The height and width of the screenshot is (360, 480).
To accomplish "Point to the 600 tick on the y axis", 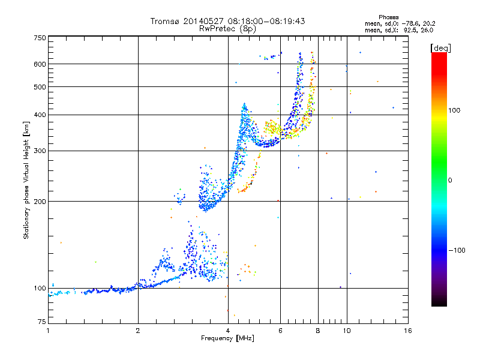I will pyautogui.click(x=40, y=64).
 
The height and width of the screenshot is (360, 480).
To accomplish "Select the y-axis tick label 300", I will pyautogui.click(x=40, y=151).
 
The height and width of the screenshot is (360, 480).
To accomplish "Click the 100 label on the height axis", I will pyautogui.click(x=40, y=288).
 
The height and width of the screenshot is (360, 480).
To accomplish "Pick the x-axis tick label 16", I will pyautogui.click(x=407, y=330).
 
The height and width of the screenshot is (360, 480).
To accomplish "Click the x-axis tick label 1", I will pyautogui.click(x=48, y=330).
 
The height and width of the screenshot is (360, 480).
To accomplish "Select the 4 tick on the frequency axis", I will pyautogui.click(x=228, y=330).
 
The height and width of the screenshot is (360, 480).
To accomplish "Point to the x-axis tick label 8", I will pyautogui.click(x=318, y=330).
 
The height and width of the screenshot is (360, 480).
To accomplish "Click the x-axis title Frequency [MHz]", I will pyautogui.click(x=228, y=339).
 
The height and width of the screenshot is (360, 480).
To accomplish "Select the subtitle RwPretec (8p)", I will pyautogui.click(x=228, y=28).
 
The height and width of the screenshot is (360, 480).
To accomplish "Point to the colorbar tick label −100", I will pyautogui.click(x=457, y=250).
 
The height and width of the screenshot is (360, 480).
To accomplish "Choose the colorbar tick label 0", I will pyautogui.click(x=451, y=180).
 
